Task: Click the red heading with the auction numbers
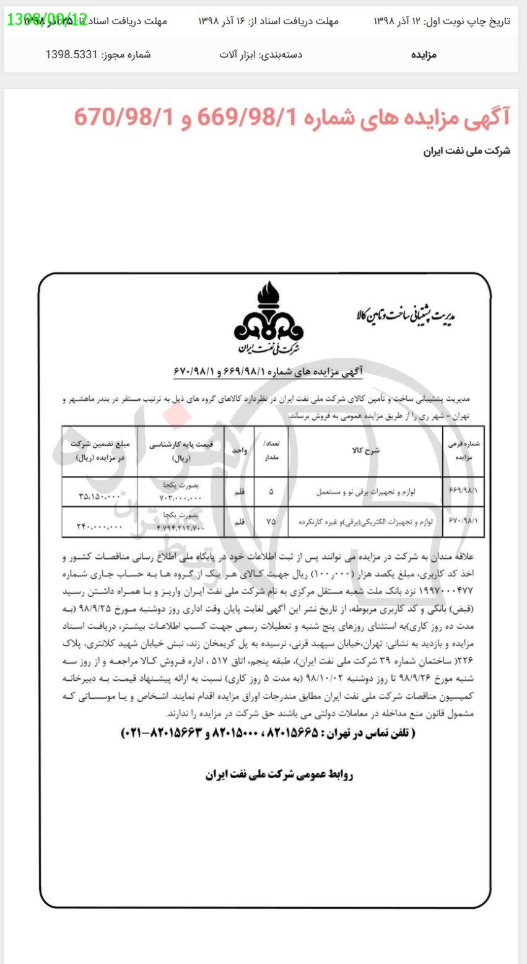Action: point(292,116)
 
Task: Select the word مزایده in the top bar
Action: point(424,55)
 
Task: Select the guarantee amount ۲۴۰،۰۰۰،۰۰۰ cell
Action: point(100,527)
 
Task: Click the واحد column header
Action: point(240,450)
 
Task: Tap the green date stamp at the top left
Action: point(47,19)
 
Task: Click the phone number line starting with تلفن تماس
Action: point(267,733)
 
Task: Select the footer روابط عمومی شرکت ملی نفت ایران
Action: point(279,774)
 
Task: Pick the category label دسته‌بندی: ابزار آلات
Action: point(261,55)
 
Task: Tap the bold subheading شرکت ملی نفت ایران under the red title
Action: point(466,151)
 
